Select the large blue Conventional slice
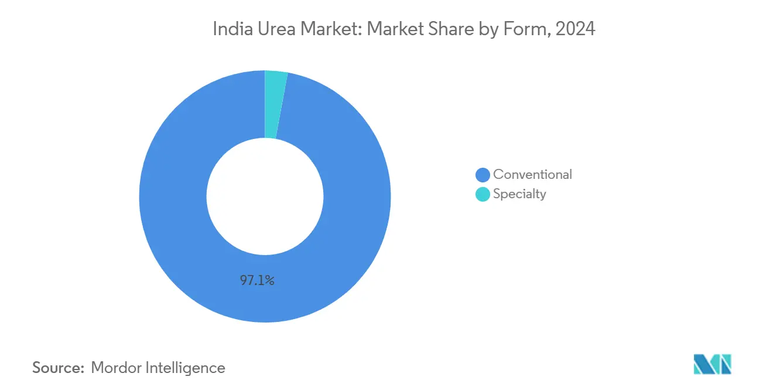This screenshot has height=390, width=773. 176,235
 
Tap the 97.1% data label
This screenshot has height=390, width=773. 257,280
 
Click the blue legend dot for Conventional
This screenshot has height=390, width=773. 483,175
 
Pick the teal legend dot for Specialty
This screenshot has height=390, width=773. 483,194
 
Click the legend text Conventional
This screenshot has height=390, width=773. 532,174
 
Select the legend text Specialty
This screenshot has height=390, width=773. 519,194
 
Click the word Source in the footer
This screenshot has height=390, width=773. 56,368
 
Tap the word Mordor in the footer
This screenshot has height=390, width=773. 117,368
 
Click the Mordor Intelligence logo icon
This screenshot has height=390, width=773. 712,364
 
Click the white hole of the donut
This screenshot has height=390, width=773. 265,196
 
